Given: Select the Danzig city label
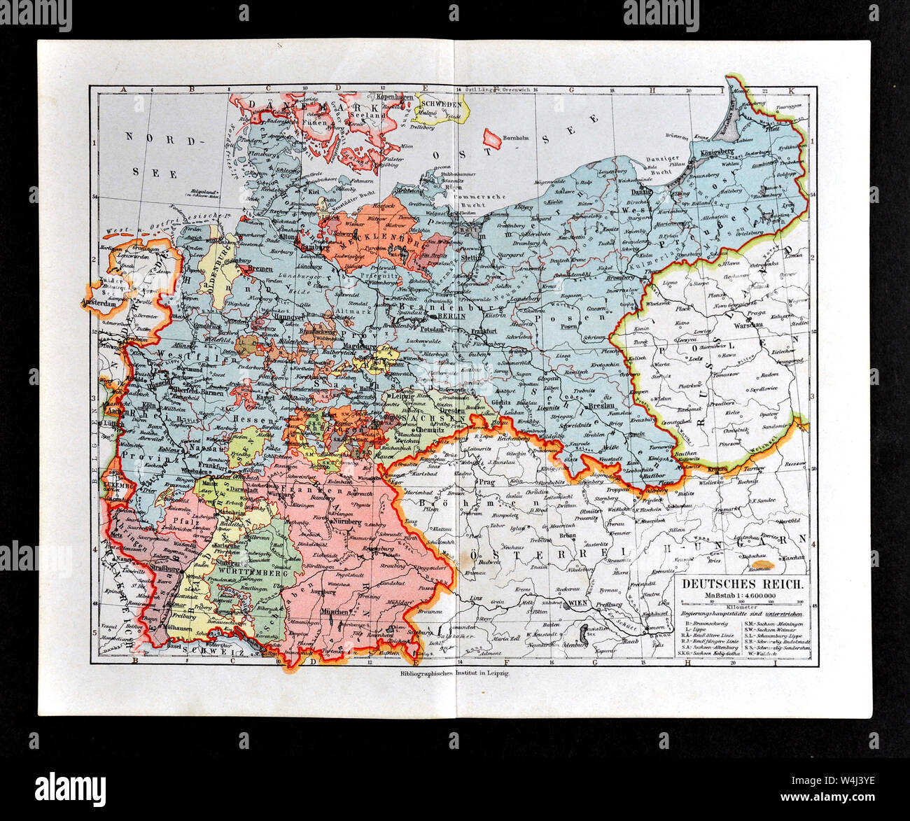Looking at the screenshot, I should tap(640, 190).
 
